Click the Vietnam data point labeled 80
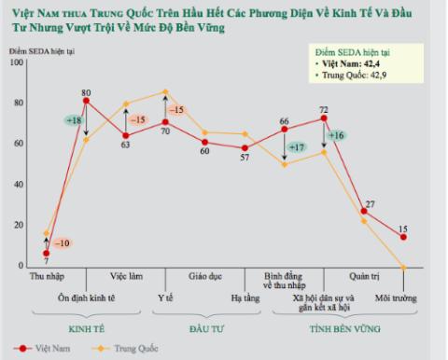pos(86,101)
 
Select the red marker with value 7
pos(46,253)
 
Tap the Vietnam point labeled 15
pos(403,237)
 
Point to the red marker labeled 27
pos(364,212)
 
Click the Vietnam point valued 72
pos(324,118)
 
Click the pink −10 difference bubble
pos(62,243)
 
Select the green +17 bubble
pos(297,147)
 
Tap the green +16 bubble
pos(337,136)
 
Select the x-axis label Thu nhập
pos(46,277)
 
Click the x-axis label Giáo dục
pos(205,277)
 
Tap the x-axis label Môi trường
pos(397,298)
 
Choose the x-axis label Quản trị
pos(364,277)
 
